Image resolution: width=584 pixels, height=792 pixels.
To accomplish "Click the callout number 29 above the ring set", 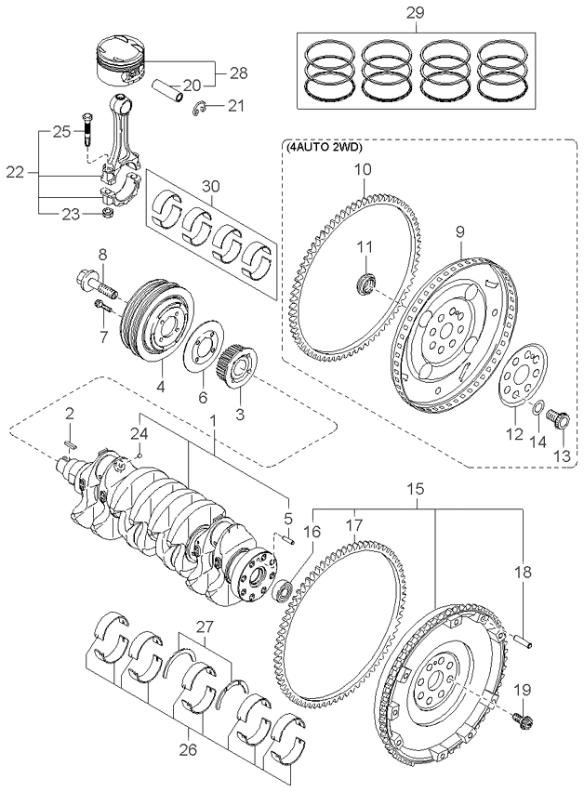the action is [x=416, y=13].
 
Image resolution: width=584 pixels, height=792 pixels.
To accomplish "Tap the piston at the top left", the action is [x=121, y=59].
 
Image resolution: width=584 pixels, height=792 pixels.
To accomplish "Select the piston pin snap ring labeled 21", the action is [x=200, y=108].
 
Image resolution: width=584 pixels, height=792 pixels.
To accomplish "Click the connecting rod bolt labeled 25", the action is [x=86, y=128].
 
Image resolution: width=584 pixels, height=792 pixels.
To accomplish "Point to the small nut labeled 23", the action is [x=107, y=213].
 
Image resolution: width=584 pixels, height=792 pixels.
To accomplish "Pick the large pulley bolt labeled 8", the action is [x=97, y=284].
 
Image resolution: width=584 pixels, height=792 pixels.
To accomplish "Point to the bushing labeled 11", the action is [x=365, y=283].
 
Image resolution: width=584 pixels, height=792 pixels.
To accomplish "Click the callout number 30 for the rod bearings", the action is [x=211, y=186].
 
